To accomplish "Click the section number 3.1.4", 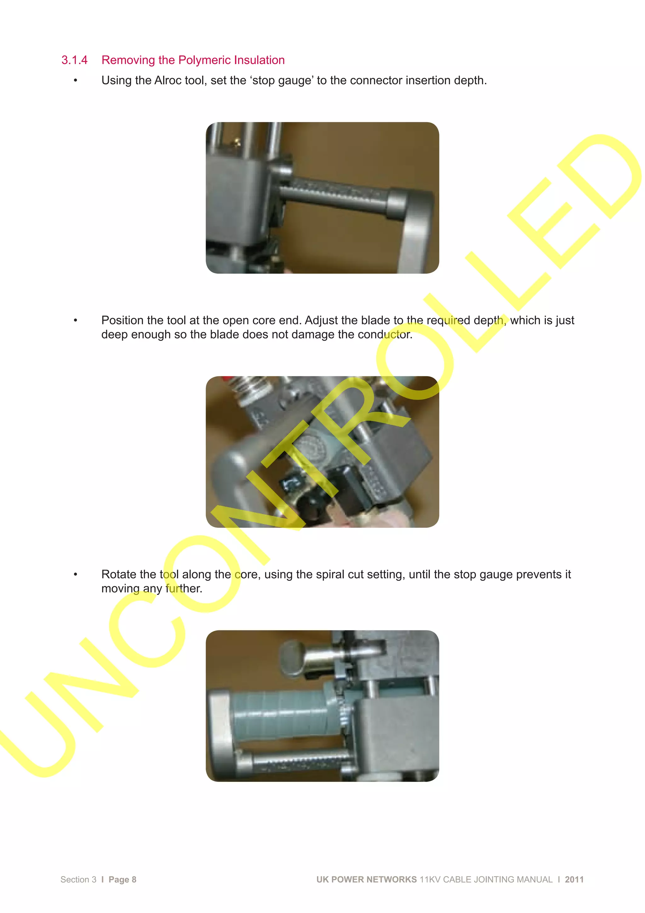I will point(74,60).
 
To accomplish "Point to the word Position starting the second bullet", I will point(122,320).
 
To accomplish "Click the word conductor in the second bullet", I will point(385,334).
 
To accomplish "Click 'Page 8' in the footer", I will point(123,880).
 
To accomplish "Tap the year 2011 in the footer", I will point(574,880).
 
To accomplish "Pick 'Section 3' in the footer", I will point(78,880).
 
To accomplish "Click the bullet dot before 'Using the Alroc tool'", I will point(76,81).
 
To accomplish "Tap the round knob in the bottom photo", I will point(292,658).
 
